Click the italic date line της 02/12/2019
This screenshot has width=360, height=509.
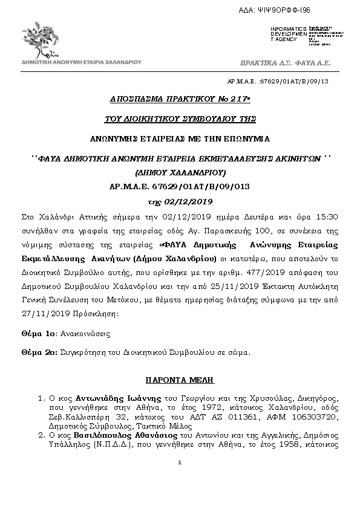pos(180,201)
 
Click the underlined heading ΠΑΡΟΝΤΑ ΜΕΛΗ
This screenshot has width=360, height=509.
pos(180,381)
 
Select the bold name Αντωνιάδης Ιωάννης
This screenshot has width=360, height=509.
pos(122,399)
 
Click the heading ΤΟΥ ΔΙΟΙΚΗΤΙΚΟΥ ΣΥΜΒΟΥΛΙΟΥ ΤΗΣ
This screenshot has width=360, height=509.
pos(180,118)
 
